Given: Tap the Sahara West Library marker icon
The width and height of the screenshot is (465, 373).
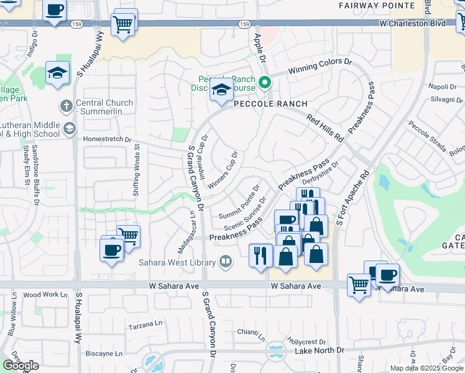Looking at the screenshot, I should [226, 262].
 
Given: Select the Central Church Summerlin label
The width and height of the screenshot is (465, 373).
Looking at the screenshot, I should [104, 107].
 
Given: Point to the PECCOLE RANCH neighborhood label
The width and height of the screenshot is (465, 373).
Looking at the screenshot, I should [270, 104].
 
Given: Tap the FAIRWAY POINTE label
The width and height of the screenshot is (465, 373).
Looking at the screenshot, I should [377, 5].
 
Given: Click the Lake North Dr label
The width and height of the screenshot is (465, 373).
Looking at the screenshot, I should [319, 351].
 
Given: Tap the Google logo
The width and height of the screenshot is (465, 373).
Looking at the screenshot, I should [21, 366].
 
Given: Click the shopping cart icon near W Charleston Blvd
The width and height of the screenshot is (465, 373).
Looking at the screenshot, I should [122, 24].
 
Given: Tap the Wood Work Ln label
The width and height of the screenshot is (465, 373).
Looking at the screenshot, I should [41, 295].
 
